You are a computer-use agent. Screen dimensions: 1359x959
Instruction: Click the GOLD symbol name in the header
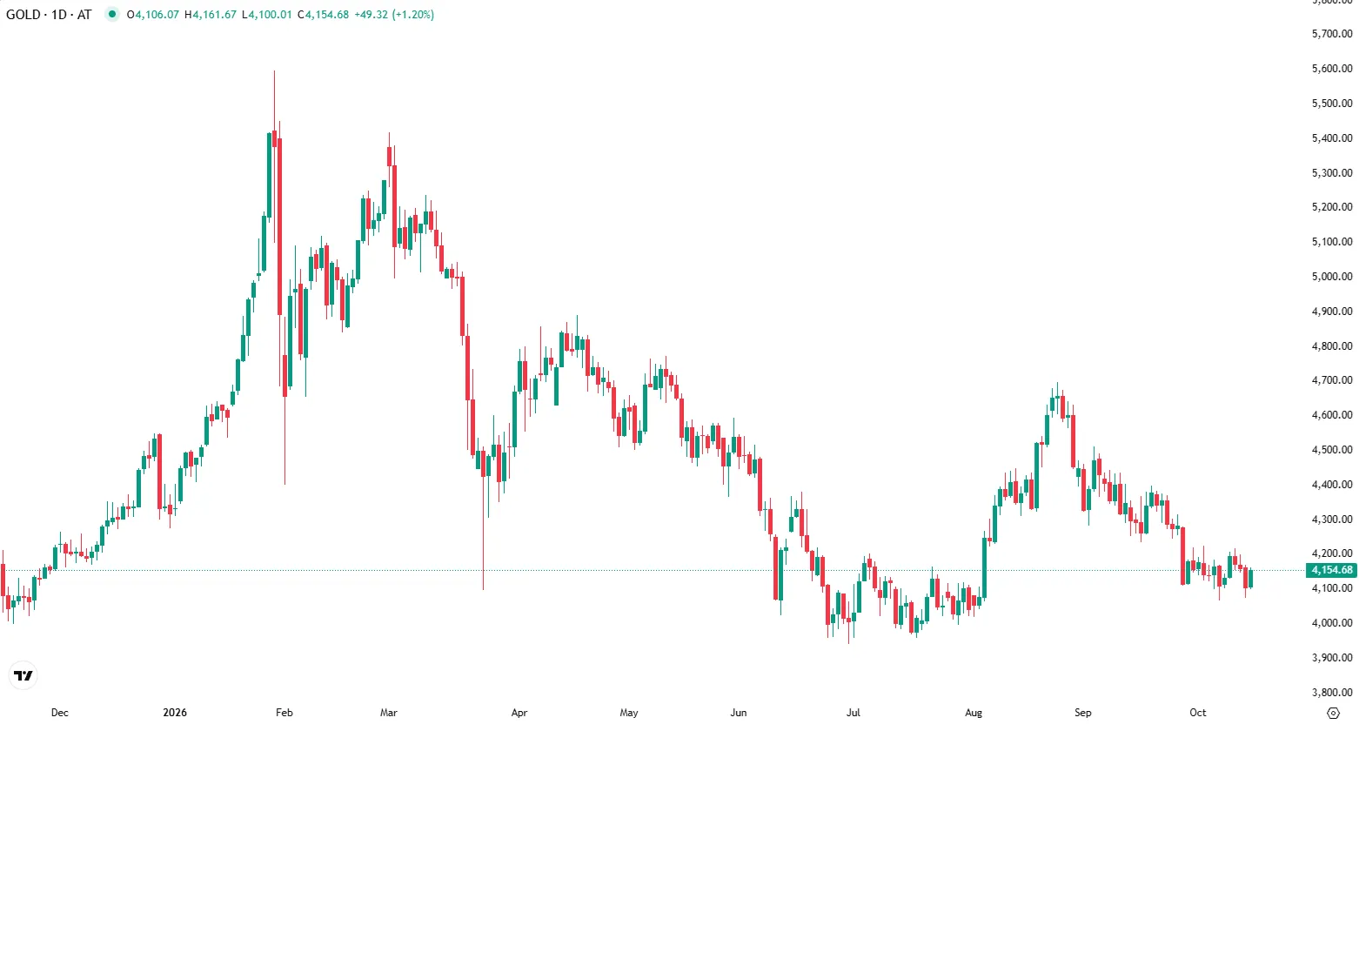[x=23, y=15]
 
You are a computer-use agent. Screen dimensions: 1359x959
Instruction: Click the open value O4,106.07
[x=153, y=15]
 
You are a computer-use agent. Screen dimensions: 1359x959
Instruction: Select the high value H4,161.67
[x=210, y=15]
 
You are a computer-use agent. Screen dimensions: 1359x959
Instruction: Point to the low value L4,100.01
[x=266, y=15]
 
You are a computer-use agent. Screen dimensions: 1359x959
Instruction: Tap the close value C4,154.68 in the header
[x=323, y=15]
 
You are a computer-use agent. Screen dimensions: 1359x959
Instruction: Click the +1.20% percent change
[x=413, y=15]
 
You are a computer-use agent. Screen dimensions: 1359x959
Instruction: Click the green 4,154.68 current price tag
[x=1331, y=570]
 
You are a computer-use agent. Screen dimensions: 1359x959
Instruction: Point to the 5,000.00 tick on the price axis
[x=1332, y=276]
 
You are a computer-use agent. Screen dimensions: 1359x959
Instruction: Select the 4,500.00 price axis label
[x=1332, y=450]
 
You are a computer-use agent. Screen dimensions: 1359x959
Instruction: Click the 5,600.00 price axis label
[x=1332, y=69]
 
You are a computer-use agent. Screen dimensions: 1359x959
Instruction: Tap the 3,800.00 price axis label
[x=1332, y=693]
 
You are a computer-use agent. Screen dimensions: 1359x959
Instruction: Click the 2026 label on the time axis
[x=175, y=713]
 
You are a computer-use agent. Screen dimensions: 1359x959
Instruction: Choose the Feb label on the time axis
[x=284, y=713]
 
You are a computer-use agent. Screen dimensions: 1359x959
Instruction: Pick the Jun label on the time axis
[x=739, y=713]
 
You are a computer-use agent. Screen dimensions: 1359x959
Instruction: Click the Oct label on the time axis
[x=1198, y=713]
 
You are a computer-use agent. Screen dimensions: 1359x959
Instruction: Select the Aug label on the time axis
[x=974, y=713]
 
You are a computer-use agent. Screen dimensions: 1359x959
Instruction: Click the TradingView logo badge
[x=23, y=675]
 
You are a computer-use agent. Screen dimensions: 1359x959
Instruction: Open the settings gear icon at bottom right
[x=1333, y=714]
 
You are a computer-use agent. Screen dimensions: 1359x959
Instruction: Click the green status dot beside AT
[x=112, y=14]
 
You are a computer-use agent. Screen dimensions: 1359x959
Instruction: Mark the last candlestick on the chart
[x=1250, y=579]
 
